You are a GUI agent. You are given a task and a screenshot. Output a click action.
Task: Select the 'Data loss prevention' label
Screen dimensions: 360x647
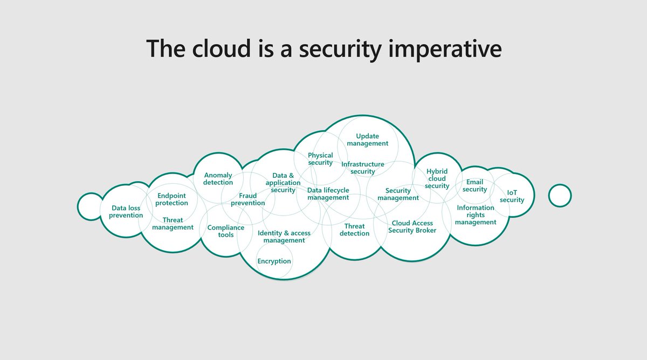coord(126,212)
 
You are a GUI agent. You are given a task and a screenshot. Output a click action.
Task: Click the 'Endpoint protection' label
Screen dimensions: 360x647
coord(172,199)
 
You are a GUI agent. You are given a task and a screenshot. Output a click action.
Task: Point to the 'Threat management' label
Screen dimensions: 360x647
coord(173,224)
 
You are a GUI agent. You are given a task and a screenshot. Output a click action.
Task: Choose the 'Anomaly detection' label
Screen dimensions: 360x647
coord(218,179)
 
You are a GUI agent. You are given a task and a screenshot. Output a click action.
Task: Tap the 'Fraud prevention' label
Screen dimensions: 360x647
coord(248,199)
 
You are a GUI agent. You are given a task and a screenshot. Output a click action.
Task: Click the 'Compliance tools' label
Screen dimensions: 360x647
coord(226,231)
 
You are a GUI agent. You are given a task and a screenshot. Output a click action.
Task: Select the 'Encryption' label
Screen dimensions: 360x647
coord(274,261)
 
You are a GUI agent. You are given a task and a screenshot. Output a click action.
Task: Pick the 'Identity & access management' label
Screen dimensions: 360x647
coord(284,237)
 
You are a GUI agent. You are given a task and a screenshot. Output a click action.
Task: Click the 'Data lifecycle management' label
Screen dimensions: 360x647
coord(328,194)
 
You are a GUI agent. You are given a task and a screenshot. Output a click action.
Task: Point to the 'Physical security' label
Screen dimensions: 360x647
coord(320,159)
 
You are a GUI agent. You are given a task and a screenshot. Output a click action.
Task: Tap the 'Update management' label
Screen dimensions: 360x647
coord(367,140)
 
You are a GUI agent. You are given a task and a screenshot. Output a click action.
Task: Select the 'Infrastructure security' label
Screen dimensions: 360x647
coord(362,168)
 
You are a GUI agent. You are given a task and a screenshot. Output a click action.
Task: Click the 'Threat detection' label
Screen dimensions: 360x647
coord(355,230)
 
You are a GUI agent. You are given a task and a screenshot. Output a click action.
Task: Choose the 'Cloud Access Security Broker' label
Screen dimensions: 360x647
coord(412,227)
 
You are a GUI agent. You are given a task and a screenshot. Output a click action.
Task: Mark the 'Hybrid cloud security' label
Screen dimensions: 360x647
coord(437,179)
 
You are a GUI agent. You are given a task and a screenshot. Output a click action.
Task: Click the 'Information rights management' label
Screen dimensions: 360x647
coord(476,215)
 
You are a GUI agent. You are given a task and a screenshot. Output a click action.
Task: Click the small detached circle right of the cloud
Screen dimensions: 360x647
coord(560,195)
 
